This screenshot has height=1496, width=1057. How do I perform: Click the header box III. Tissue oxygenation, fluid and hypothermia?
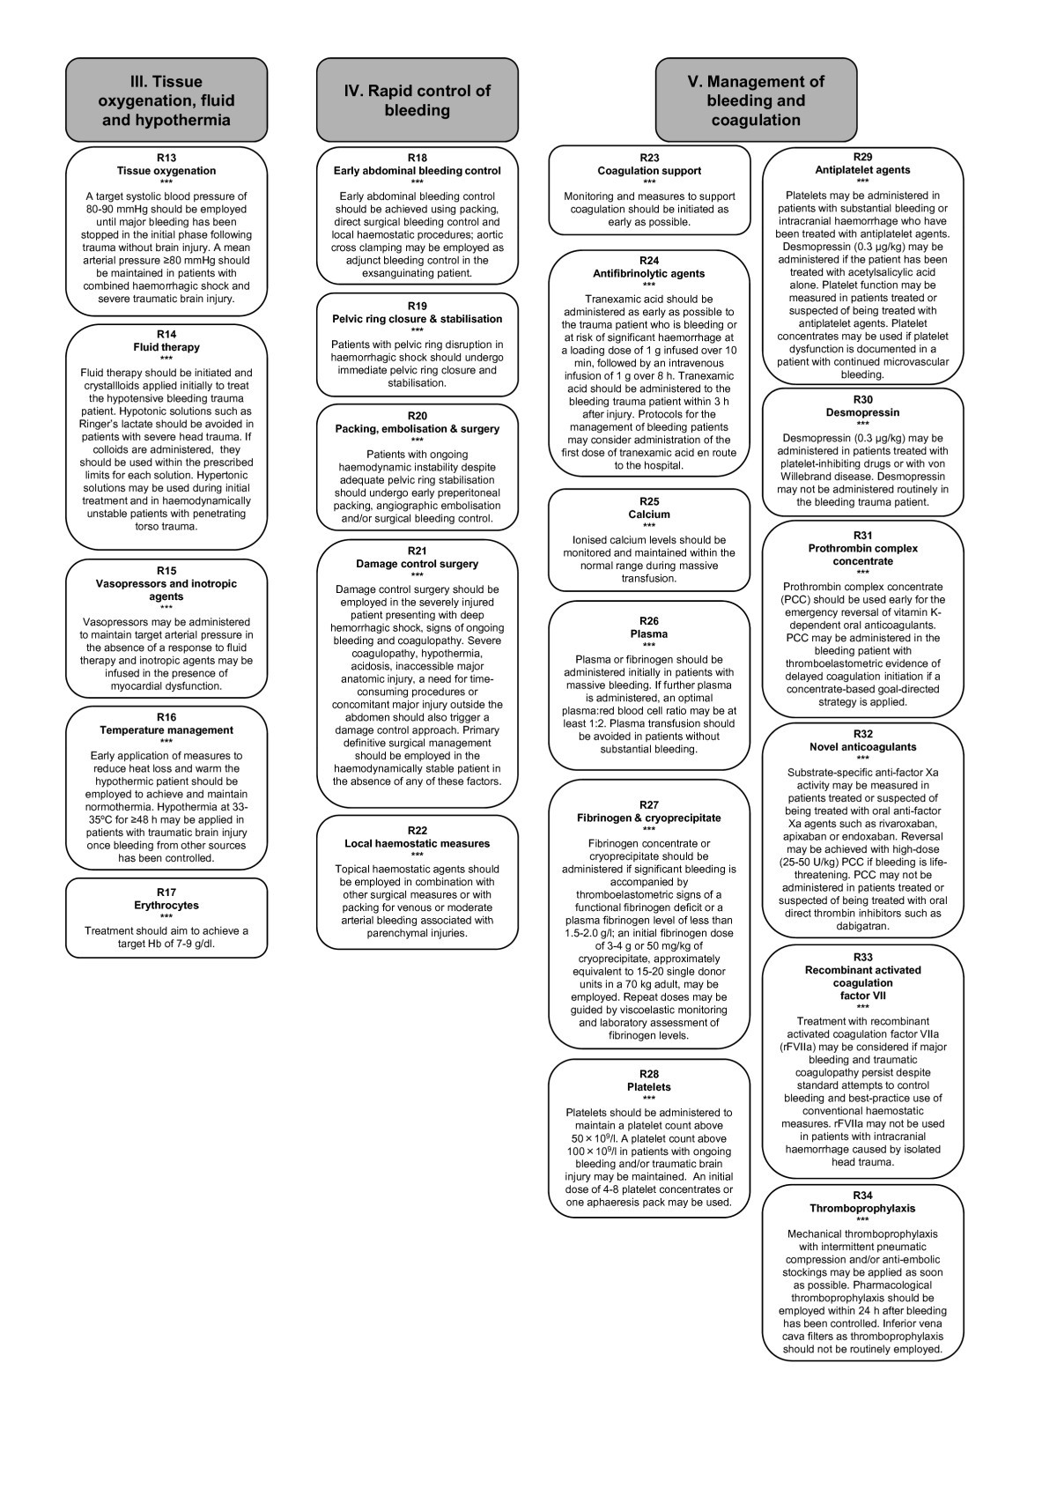pyautogui.click(x=166, y=100)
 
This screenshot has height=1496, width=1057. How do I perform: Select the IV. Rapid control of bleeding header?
pyautogui.click(x=417, y=100)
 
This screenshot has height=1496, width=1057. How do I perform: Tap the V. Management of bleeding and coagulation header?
pyautogui.click(x=756, y=100)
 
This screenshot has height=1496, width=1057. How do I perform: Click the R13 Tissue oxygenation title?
pyautogui.click(x=166, y=171)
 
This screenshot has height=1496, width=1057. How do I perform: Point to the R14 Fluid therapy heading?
pyautogui.click(x=166, y=347)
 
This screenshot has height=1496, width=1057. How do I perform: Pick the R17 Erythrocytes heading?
pyautogui.click(x=166, y=905)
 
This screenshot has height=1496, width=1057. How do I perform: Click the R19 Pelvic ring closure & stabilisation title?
pyautogui.click(x=417, y=319)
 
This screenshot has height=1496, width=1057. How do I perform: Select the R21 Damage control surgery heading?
pyautogui.click(x=417, y=564)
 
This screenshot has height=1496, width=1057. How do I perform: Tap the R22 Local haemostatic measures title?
pyautogui.click(x=417, y=844)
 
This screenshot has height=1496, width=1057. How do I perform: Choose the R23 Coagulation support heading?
pyautogui.click(x=649, y=171)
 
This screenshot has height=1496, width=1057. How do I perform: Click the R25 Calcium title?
pyautogui.click(x=649, y=515)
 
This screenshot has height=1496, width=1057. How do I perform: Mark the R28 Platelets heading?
pyautogui.click(x=649, y=1087)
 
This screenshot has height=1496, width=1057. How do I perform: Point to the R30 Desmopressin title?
pyautogui.click(x=862, y=412)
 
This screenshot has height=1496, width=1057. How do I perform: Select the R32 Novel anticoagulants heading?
pyautogui.click(x=862, y=747)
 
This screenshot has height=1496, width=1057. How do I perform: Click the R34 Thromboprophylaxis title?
pyautogui.click(x=862, y=1209)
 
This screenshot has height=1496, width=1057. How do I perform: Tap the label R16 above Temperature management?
pyautogui.click(x=166, y=717)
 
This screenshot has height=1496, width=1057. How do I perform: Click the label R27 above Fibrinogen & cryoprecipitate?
pyautogui.click(x=649, y=804)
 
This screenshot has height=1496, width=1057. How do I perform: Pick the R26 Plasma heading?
pyautogui.click(x=649, y=634)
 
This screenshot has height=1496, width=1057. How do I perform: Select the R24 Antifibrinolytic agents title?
pyautogui.click(x=649, y=273)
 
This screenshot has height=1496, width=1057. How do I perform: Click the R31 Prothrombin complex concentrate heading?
pyautogui.click(x=862, y=554)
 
